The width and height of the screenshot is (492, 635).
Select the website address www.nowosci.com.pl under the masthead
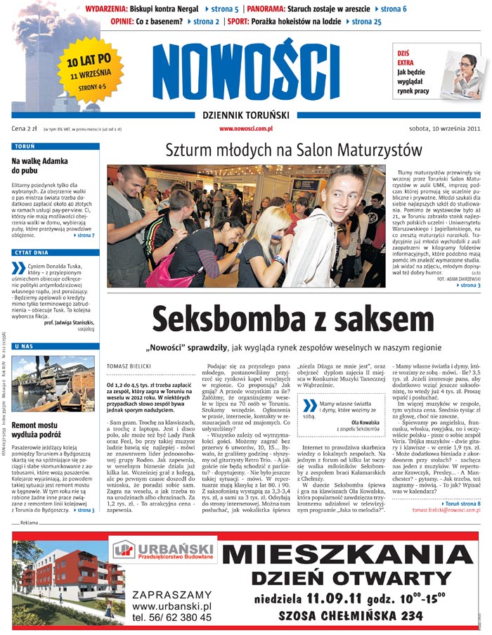coord(245,129)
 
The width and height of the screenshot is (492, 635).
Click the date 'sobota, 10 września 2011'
coord(444,129)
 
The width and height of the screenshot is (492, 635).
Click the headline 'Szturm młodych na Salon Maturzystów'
coord(294,150)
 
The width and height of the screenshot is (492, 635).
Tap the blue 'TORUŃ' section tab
coord(25,148)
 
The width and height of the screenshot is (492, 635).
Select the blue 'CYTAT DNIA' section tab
coord(32,252)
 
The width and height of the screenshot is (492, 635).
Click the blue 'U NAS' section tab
coord(25,347)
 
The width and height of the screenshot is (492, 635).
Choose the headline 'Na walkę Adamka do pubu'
coord(39,165)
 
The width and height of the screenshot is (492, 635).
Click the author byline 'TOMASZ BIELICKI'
coord(129,366)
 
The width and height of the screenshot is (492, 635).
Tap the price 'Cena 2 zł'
coord(24,129)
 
